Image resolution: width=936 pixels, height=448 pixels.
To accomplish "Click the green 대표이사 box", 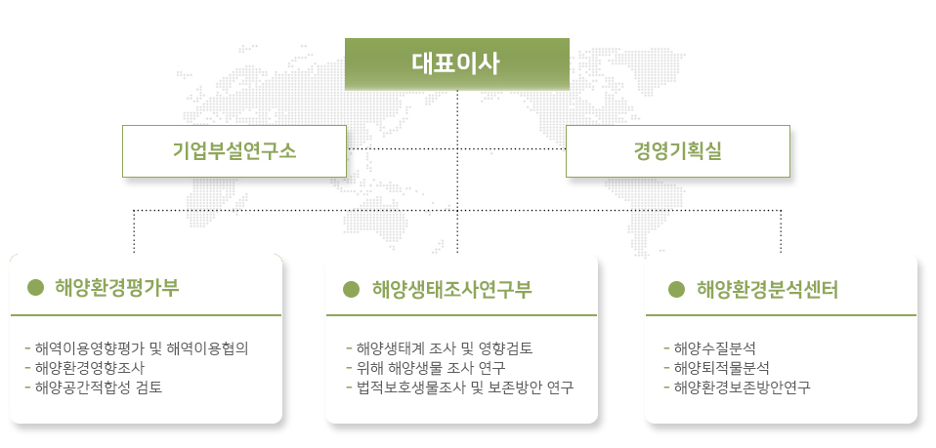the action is pyautogui.click(x=456, y=64).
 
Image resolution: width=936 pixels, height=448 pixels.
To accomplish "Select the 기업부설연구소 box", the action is pyautogui.click(x=234, y=151).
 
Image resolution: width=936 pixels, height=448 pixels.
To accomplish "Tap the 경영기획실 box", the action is pyautogui.click(x=677, y=151).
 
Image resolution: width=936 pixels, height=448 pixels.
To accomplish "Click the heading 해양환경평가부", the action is pyautogui.click(x=117, y=288).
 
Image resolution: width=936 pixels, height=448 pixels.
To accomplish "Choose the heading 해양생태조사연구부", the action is pyautogui.click(x=452, y=289).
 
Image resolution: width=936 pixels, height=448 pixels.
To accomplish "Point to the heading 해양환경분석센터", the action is pyautogui.click(x=768, y=289).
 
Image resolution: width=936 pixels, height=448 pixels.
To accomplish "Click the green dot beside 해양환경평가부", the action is pyautogui.click(x=36, y=288).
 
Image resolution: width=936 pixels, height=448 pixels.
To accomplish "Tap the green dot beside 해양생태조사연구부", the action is pyautogui.click(x=351, y=289).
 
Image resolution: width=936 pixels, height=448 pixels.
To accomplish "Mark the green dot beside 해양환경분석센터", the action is pyautogui.click(x=676, y=289).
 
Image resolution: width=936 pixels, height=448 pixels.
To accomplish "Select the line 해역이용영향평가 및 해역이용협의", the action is pyautogui.click(x=142, y=348).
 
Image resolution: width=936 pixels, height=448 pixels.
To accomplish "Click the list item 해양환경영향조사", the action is pyautogui.click(x=90, y=367).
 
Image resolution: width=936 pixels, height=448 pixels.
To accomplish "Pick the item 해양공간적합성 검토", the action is pyautogui.click(x=99, y=387).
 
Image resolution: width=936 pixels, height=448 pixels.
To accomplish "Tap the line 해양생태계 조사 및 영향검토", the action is pyautogui.click(x=445, y=348).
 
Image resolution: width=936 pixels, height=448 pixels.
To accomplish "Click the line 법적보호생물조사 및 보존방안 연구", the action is pyautogui.click(x=464, y=387).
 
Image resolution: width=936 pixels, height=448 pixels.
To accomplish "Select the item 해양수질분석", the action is pyautogui.click(x=715, y=348).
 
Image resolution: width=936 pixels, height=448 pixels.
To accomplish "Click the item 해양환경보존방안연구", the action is pyautogui.click(x=742, y=387).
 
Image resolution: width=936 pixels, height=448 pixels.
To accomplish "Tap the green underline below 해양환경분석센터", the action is pyautogui.click(x=781, y=315).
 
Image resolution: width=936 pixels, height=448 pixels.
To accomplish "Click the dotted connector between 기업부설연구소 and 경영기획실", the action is pyautogui.click(x=456, y=148).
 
